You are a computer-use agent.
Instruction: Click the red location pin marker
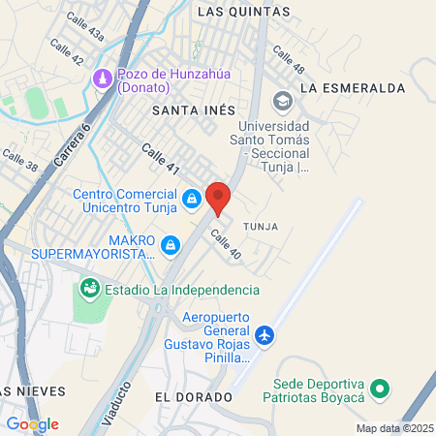[x=218, y=199]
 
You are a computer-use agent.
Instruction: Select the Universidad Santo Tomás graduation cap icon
[x=282, y=100]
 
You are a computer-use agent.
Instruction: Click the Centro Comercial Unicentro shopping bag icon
[x=193, y=199]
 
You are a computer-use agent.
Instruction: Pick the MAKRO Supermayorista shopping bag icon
[x=171, y=246]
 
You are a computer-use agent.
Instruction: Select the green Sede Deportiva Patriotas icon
[x=381, y=390]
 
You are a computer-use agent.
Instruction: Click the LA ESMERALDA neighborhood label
[x=353, y=87]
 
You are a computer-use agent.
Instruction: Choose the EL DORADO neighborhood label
[x=194, y=397]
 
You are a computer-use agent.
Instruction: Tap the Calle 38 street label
[x=19, y=159]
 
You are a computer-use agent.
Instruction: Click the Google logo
[x=32, y=423]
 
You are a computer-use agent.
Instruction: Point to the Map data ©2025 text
[x=391, y=428]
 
